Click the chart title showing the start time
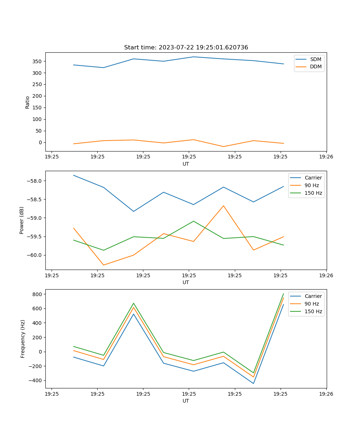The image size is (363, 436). [x=186, y=48]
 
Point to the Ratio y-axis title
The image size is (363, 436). [x=28, y=102]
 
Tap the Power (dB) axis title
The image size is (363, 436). [x=22, y=220]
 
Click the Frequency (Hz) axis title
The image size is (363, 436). [x=23, y=339]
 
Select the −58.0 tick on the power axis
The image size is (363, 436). [x=35, y=181]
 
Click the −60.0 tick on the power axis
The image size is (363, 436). [x=35, y=255]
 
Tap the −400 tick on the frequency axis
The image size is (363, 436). [x=35, y=380]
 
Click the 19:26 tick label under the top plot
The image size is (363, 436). [x=326, y=157]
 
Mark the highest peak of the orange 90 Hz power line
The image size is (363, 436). [x=224, y=206]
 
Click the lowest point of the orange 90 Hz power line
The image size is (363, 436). [x=103, y=265]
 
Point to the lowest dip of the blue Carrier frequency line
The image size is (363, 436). [x=253, y=383]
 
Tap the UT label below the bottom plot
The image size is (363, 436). [x=186, y=401]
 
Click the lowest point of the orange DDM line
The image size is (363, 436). [x=224, y=146]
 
